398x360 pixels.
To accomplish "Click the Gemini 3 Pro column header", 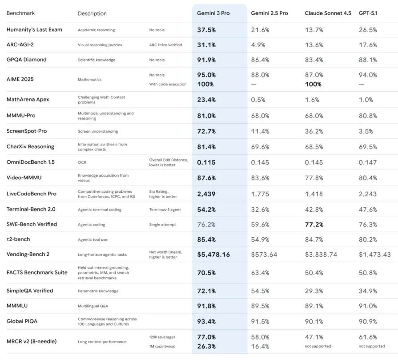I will [213, 13].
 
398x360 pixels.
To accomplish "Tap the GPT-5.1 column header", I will [369, 13].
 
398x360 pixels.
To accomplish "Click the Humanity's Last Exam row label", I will [34, 30].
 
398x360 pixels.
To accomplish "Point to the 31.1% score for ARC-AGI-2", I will [207, 45].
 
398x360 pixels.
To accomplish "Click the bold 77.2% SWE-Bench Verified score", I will [314, 224].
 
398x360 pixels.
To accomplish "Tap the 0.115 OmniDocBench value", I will [207, 162].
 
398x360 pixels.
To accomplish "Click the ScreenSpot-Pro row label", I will [27, 131].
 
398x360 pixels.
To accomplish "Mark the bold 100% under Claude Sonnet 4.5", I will [313, 84].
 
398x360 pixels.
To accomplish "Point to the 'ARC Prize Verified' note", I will [165, 45].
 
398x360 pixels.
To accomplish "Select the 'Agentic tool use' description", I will [92, 239].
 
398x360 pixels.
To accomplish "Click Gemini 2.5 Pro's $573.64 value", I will [264, 255].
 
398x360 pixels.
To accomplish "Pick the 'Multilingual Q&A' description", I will [92, 306].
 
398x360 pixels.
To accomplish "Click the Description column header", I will [92, 14].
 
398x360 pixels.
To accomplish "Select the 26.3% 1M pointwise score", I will [207, 346].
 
